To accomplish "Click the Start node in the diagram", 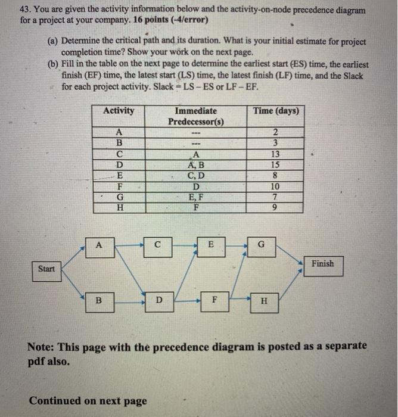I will pyautogui.click(x=46, y=269).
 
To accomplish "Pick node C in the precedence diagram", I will pyautogui.click(x=156, y=244).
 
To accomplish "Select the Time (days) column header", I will pyautogui.click(x=276, y=111).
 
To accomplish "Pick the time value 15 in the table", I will pyautogui.click(x=274, y=165).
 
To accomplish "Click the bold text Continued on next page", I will pyautogui.click(x=88, y=400).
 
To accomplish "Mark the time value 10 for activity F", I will pyautogui.click(x=274, y=186).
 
